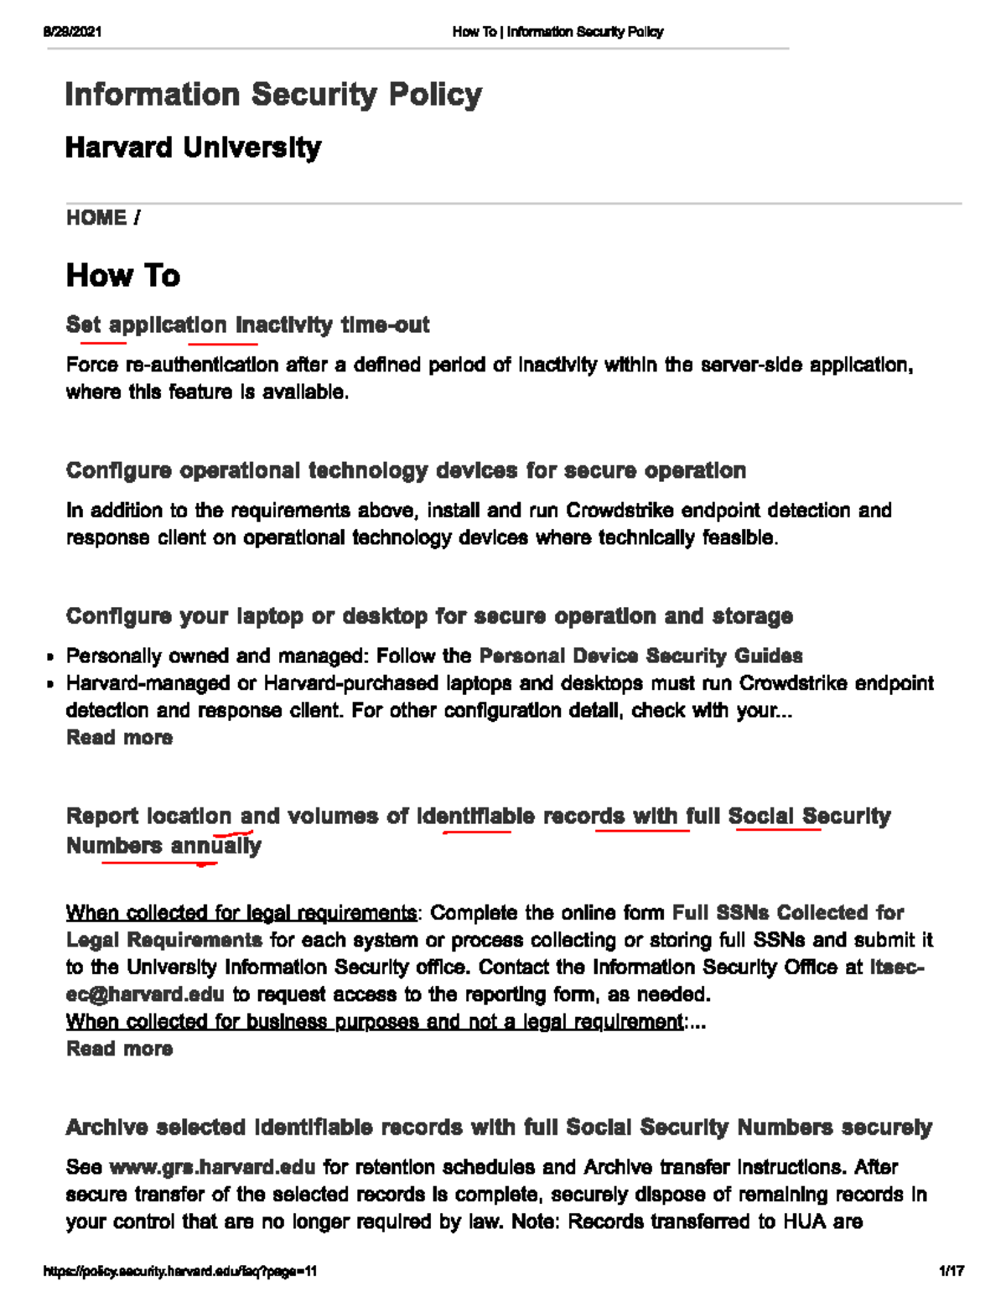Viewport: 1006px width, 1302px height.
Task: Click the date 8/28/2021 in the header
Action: [72, 32]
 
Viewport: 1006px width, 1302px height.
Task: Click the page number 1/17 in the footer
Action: [951, 1271]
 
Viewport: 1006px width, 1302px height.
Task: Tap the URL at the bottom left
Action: [180, 1271]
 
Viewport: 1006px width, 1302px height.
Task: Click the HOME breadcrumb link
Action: [96, 218]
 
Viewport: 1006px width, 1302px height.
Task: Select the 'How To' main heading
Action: [123, 276]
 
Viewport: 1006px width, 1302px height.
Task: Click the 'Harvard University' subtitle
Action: [193, 148]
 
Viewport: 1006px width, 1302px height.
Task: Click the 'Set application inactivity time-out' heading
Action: [247, 324]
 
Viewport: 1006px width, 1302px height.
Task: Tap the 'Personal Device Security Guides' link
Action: [640, 656]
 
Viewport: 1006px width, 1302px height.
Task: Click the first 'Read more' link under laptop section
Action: [119, 738]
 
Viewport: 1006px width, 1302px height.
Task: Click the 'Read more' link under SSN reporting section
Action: [119, 1049]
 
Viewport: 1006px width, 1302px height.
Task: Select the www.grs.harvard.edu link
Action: [213, 1167]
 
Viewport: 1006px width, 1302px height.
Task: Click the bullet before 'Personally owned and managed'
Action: [51, 657]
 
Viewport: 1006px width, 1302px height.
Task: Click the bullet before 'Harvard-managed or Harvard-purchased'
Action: [51, 684]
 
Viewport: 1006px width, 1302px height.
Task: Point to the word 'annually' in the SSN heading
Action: [216, 846]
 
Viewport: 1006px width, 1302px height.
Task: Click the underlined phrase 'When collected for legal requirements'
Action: [241, 912]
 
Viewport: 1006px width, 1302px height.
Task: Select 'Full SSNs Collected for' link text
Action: [788, 912]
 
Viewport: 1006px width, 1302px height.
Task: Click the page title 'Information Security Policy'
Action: [273, 94]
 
